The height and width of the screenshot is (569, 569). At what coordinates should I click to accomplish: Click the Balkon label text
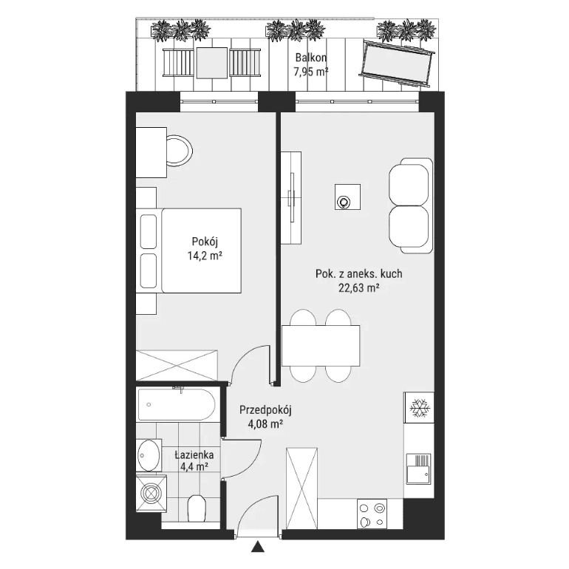pyautogui.click(x=310, y=58)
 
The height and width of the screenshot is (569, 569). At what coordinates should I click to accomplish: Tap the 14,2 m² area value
pyautogui.click(x=205, y=256)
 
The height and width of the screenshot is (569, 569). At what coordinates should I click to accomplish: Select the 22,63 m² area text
pyautogui.click(x=359, y=287)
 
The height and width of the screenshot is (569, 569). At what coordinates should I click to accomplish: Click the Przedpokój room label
pyautogui.click(x=265, y=410)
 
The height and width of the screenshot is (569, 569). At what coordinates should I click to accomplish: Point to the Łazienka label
pyautogui.click(x=194, y=454)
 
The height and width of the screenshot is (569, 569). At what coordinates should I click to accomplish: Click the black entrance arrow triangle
pyautogui.click(x=258, y=547)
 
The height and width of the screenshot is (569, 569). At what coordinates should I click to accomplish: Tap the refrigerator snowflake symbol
pyautogui.click(x=420, y=407)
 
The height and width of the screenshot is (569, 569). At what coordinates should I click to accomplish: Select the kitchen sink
pyautogui.click(x=418, y=469)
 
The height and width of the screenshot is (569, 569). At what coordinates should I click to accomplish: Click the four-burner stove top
pyautogui.click(x=372, y=514)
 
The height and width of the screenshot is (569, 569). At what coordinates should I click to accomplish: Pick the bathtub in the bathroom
pyautogui.click(x=177, y=405)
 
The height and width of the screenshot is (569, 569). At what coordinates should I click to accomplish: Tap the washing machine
pyautogui.click(x=151, y=493)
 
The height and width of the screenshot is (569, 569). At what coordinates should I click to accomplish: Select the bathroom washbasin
pyautogui.click(x=149, y=455)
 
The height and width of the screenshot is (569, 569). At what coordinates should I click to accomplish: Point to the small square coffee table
pyautogui.click(x=347, y=197)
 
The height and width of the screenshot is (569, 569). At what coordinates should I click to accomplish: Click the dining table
pyautogui.click(x=321, y=346)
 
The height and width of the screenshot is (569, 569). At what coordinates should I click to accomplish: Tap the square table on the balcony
pyautogui.click(x=212, y=63)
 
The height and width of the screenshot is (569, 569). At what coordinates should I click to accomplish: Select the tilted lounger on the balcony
pyautogui.click(x=397, y=64)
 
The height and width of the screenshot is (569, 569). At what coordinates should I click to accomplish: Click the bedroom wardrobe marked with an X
pyautogui.click(x=177, y=366)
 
